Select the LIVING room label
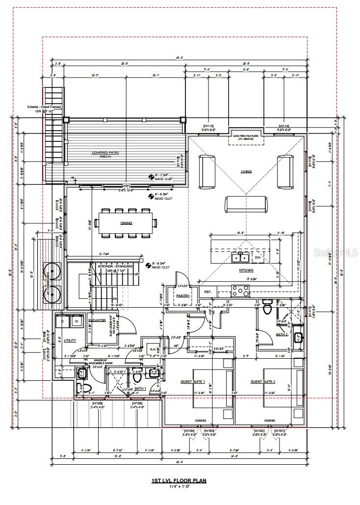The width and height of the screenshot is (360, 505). tap(246, 172)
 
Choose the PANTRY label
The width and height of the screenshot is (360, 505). tap(182, 296)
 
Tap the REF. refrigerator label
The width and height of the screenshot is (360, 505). tap(208, 292)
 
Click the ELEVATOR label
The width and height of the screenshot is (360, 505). tap(97, 320)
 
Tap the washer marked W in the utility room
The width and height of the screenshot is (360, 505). tap(77, 322)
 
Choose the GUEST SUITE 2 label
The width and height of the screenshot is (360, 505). tap(263, 381)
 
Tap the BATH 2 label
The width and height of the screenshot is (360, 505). tap(282, 334)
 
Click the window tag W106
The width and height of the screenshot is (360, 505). tap(96, 403)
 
